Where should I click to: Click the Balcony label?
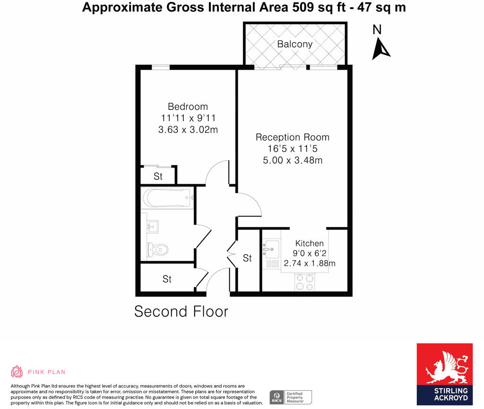click(x=294, y=44)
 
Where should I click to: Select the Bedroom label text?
click(x=188, y=107)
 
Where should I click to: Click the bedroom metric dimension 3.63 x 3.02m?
click(x=188, y=129)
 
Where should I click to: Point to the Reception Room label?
click(x=292, y=137)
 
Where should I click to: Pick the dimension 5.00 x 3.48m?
click(x=292, y=160)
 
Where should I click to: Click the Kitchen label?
click(x=310, y=243)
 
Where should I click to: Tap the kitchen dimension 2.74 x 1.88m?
click(x=309, y=264)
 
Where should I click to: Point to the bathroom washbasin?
click(x=152, y=227)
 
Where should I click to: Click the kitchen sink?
click(x=271, y=247)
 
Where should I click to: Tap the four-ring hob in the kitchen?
click(x=304, y=282)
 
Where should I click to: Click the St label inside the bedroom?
click(x=158, y=177)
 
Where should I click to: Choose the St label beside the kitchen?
click(x=247, y=258)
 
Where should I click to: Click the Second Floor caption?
click(x=181, y=311)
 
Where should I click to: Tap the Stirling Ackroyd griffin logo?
click(x=444, y=366)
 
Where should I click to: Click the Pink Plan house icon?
click(x=17, y=371)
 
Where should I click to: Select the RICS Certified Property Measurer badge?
click(x=290, y=397)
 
